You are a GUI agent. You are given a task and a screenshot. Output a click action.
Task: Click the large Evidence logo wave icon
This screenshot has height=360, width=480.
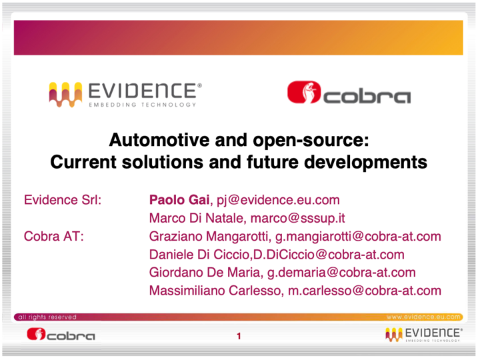[65, 95]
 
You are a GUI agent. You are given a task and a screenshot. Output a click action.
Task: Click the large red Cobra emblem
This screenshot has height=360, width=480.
[304, 92]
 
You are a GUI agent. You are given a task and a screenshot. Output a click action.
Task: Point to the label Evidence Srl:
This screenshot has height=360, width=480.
[63, 200]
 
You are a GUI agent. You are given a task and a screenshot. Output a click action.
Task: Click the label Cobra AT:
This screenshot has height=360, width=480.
[54, 236]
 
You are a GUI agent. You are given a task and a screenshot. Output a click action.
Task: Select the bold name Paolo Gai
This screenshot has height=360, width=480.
[179, 200]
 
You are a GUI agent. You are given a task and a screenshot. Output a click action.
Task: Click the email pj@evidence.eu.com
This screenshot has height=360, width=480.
[278, 200]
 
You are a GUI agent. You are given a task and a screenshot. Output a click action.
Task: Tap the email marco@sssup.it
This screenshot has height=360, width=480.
[298, 218]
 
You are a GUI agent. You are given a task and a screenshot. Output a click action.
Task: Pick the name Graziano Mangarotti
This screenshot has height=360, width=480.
[210, 237]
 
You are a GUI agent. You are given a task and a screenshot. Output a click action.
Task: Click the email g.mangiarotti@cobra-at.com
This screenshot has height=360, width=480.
[358, 237]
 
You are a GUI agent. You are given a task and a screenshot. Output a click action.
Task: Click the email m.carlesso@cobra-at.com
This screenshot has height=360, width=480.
[365, 291]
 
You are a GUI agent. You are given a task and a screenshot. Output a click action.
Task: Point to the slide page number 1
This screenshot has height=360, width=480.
[239, 336]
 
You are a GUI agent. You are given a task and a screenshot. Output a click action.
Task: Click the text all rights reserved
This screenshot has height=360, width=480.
[47, 317]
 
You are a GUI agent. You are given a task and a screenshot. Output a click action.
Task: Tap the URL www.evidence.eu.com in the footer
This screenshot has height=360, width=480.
[423, 317]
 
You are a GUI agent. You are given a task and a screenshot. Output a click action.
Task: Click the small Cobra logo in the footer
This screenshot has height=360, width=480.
[61, 335]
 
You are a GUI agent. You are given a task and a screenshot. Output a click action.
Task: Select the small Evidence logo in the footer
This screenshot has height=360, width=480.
[424, 335]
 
